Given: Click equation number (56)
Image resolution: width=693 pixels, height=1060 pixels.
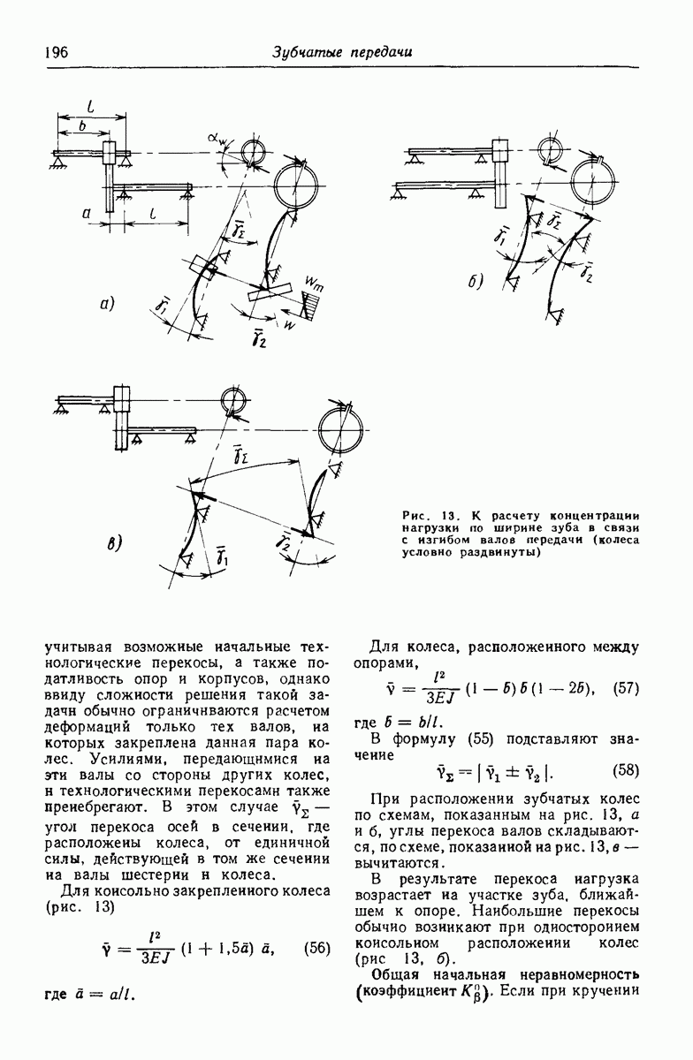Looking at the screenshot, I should coord(316,948).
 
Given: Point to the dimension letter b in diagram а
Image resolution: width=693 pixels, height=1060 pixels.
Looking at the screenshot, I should coord(83,128).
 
